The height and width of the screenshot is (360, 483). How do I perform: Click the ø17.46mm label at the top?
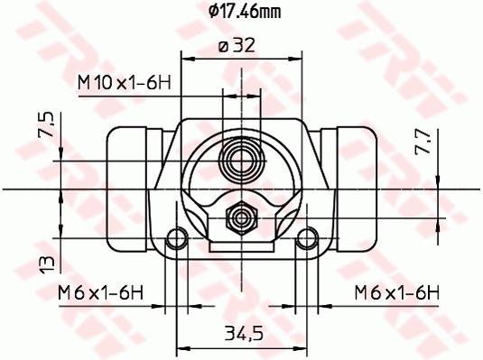tap(245, 12)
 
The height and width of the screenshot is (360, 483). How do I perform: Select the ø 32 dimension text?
tap(237, 46)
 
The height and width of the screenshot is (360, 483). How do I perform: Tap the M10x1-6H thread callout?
tap(125, 82)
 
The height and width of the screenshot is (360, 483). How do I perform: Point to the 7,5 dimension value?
tap(46, 125)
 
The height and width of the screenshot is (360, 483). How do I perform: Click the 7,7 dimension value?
tap(423, 141)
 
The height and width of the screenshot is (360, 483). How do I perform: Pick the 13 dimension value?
tap(47, 265)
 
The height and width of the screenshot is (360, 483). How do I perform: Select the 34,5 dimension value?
tap(245, 333)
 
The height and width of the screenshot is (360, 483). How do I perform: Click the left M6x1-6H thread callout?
tap(101, 292)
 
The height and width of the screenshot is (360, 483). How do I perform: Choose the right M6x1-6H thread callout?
tap(397, 292)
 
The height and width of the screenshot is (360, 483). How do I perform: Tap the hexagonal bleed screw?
tap(242, 218)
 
